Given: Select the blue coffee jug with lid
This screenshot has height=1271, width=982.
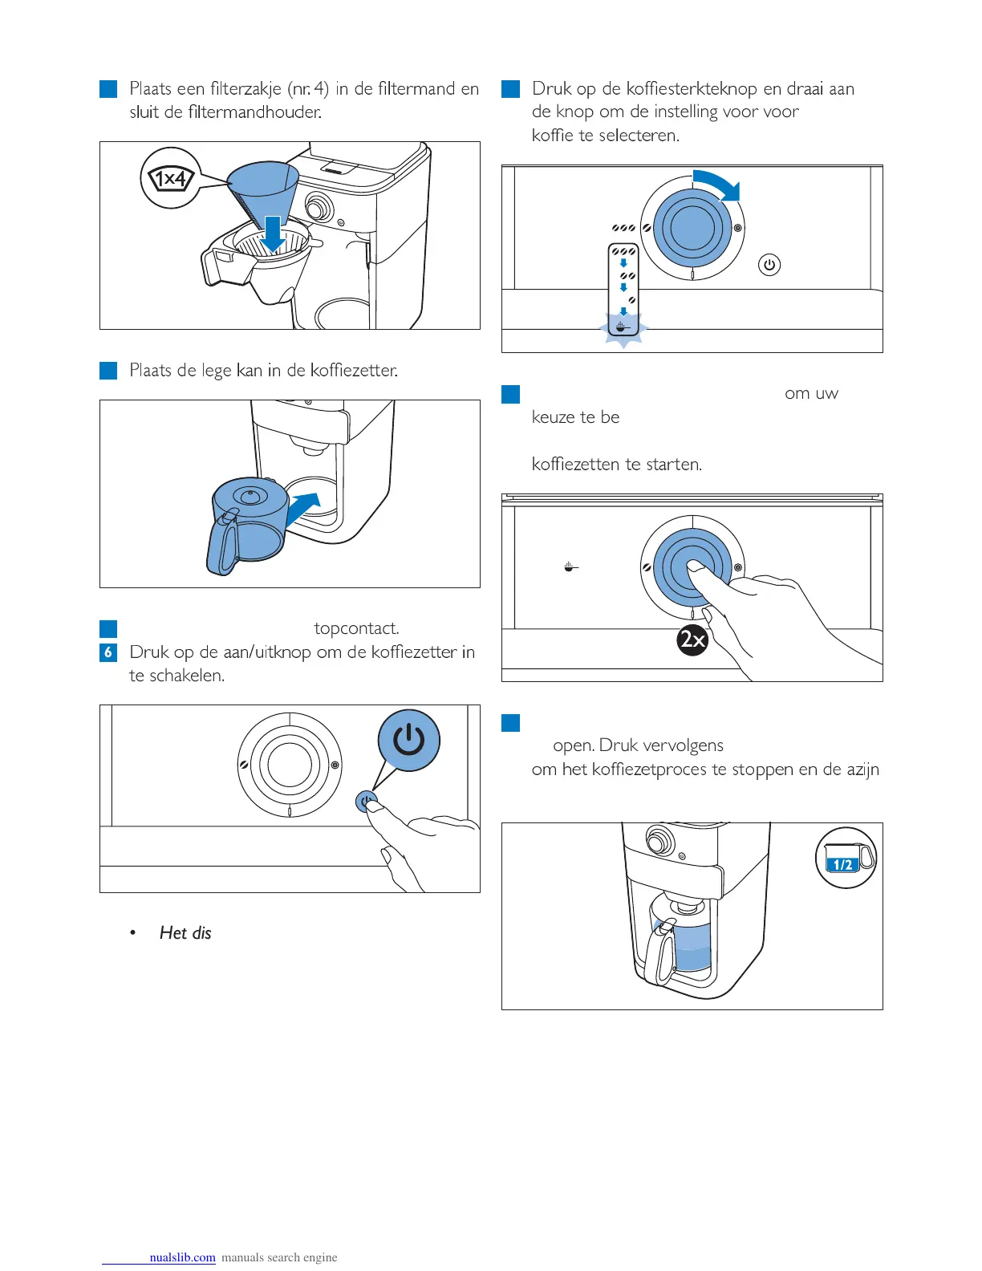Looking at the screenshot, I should [247, 525].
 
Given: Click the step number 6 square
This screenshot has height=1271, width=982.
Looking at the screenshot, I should [108, 652].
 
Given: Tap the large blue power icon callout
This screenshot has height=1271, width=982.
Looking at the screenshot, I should [409, 740].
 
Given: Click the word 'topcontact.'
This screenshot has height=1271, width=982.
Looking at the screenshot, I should [356, 628].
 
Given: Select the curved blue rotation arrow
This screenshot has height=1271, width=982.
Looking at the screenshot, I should [718, 184].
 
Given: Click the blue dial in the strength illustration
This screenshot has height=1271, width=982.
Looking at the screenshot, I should [692, 229].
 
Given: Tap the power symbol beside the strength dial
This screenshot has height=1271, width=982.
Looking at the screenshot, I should [769, 265].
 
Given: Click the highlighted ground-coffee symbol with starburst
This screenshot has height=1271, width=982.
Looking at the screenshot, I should [623, 327].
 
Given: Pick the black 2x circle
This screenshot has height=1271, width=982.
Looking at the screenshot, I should [692, 640].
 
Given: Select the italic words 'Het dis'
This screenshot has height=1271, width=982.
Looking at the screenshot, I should [185, 932].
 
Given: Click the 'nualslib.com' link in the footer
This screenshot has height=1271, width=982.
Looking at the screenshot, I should [182, 1257].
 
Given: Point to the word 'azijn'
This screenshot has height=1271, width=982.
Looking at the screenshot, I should [862, 770].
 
